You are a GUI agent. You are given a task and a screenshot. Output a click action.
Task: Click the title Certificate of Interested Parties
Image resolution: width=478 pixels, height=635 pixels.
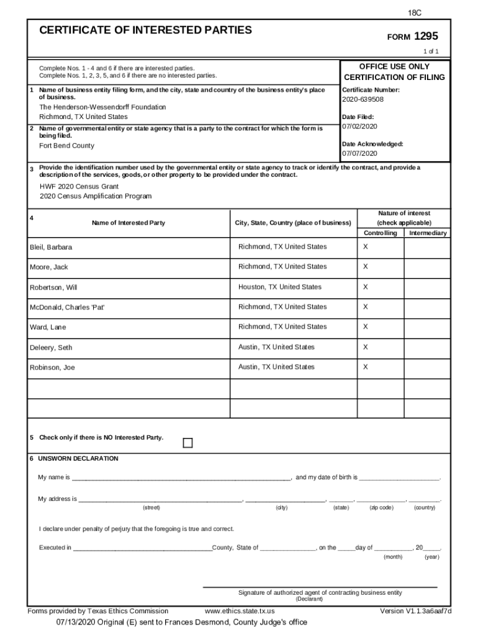(146, 30)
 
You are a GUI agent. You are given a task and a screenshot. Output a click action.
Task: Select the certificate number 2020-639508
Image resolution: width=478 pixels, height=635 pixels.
(363, 99)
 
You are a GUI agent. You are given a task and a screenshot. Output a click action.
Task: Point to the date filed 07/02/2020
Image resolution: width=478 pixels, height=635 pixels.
(359, 127)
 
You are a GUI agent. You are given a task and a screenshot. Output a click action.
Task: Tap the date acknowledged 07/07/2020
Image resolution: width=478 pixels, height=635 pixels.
(359, 153)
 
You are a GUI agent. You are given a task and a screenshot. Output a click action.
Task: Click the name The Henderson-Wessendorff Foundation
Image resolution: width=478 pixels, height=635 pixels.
(102, 107)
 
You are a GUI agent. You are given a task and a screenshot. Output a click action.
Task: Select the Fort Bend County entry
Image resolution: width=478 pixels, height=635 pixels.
(67, 146)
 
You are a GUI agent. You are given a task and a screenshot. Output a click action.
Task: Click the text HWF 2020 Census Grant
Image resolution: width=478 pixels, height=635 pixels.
(79, 186)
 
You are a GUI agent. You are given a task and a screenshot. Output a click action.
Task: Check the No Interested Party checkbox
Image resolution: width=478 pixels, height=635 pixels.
(187, 442)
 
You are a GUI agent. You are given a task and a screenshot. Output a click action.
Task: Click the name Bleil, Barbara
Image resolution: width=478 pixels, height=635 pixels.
(51, 247)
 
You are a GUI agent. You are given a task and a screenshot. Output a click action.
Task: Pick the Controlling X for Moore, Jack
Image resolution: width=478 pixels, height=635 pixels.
(366, 267)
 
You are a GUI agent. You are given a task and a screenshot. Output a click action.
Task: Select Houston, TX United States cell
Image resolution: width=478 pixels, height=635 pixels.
(280, 287)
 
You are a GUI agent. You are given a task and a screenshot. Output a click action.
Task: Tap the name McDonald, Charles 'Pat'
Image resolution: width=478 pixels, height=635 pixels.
(67, 308)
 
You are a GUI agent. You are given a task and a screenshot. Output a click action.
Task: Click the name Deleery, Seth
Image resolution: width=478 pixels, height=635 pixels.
(51, 348)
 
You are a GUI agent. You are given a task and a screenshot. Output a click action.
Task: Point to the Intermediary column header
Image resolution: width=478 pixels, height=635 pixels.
(427, 233)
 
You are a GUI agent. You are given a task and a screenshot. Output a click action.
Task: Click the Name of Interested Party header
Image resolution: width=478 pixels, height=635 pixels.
(129, 223)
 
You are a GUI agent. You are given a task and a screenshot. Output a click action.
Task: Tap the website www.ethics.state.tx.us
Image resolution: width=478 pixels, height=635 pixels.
(240, 611)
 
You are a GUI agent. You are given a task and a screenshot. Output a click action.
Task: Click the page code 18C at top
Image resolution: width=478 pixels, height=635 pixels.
(415, 12)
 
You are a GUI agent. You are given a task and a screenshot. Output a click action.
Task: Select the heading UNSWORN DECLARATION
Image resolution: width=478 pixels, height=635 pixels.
(78, 459)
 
